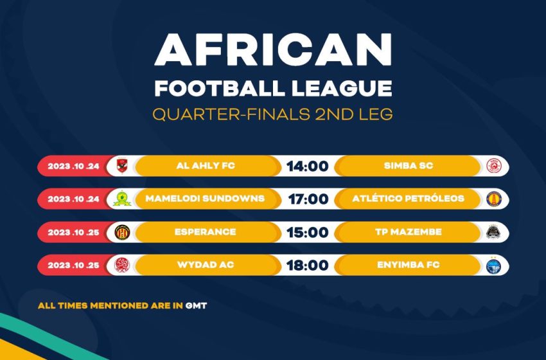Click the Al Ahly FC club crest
click(122, 165)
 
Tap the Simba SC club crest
click(493, 166)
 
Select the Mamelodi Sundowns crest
click(122, 199)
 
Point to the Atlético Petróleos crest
click(493, 199)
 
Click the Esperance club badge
click(122, 232)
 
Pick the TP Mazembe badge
click(493, 231)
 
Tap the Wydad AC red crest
click(122, 265)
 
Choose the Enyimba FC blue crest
click(493, 265)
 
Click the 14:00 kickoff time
click(308, 166)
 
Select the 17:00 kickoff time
click(308, 199)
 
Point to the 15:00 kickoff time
click(308, 233)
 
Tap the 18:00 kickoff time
click(308, 265)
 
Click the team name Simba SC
click(409, 166)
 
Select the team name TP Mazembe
click(409, 232)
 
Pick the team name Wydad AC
click(206, 265)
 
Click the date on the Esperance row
click(73, 233)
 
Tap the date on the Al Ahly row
click(73, 166)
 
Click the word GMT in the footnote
click(197, 305)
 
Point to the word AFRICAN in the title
click(274, 50)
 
